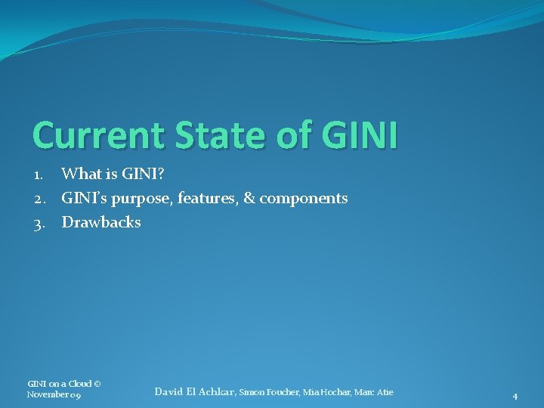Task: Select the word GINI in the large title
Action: (x=359, y=135)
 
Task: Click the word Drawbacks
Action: (x=101, y=223)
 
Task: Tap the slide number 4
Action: (x=515, y=396)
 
